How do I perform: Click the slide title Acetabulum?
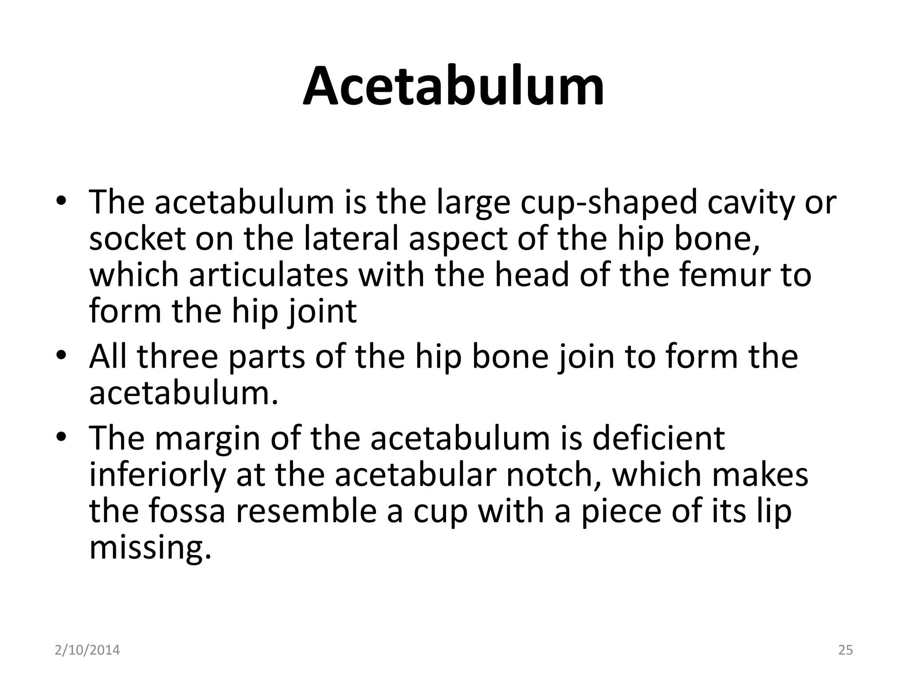pos(454,86)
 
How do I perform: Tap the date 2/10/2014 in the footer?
pos(87,650)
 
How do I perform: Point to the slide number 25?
pos(845,650)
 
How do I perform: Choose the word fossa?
pos(187,511)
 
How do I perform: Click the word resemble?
pos(319,511)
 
